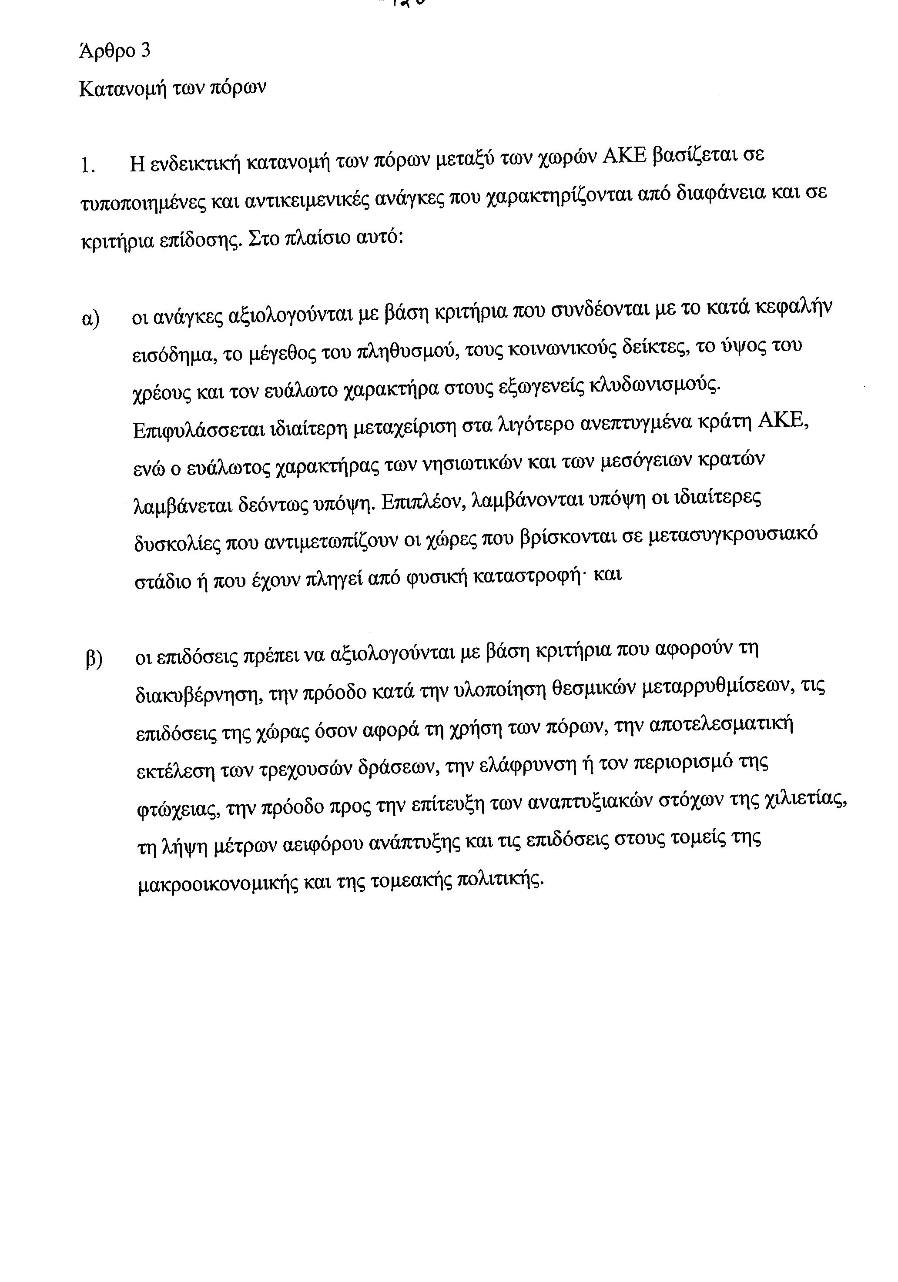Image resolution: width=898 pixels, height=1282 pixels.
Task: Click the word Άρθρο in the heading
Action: pos(107,51)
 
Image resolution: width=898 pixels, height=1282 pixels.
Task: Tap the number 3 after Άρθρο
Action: pos(145,51)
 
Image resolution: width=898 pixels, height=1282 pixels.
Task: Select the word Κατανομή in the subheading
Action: pos(119,88)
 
